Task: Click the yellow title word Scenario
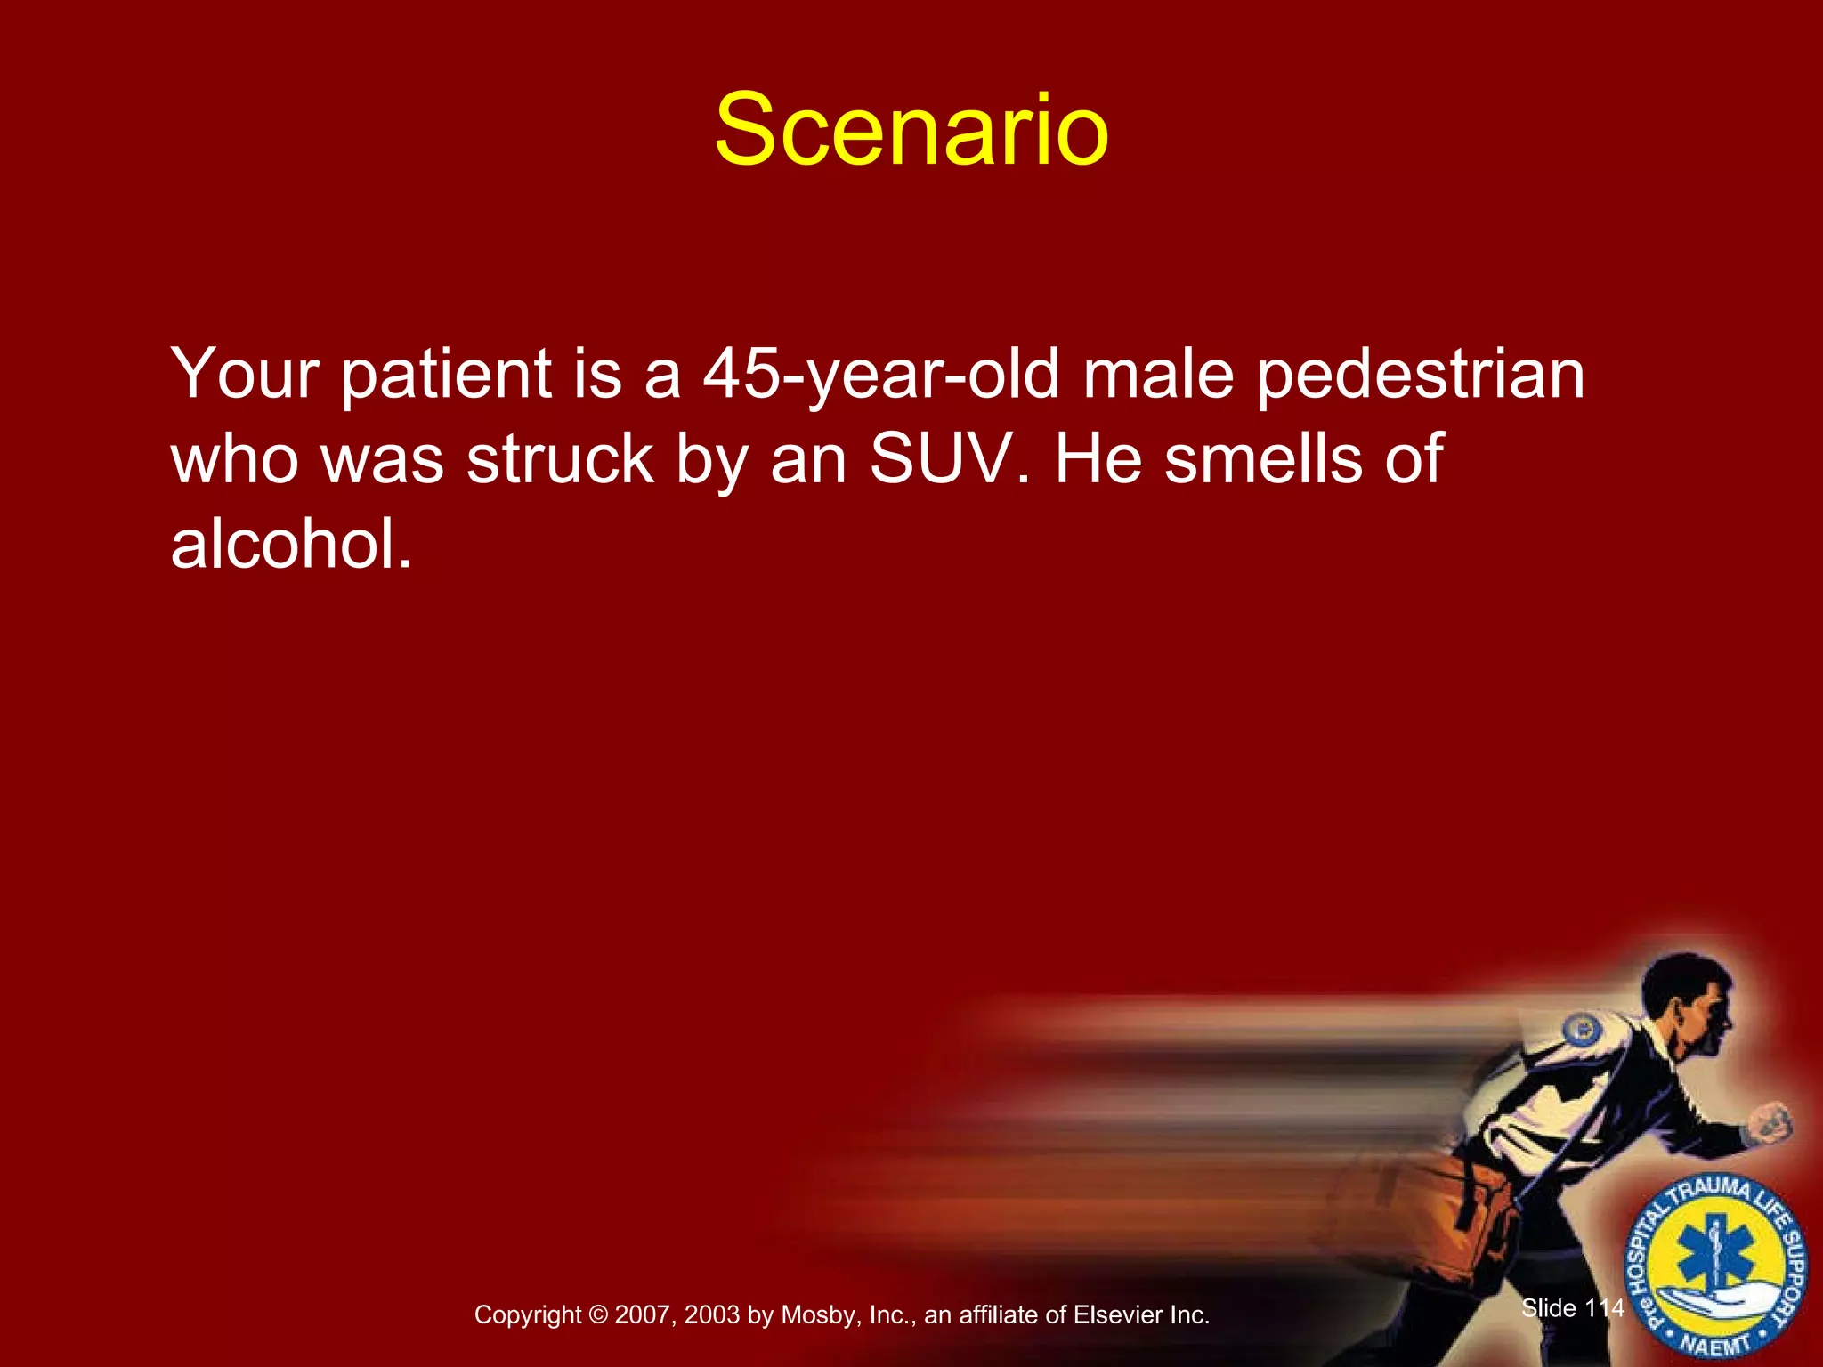point(911,130)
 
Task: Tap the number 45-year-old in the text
point(881,374)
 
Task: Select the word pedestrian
point(1421,376)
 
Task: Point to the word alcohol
point(290,544)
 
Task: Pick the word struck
point(561,459)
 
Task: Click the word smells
point(1263,459)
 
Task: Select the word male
point(1157,374)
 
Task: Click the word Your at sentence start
point(245,374)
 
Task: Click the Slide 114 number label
point(1573,1307)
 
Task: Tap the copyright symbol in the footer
point(598,1315)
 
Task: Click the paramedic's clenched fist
point(1769,1123)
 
